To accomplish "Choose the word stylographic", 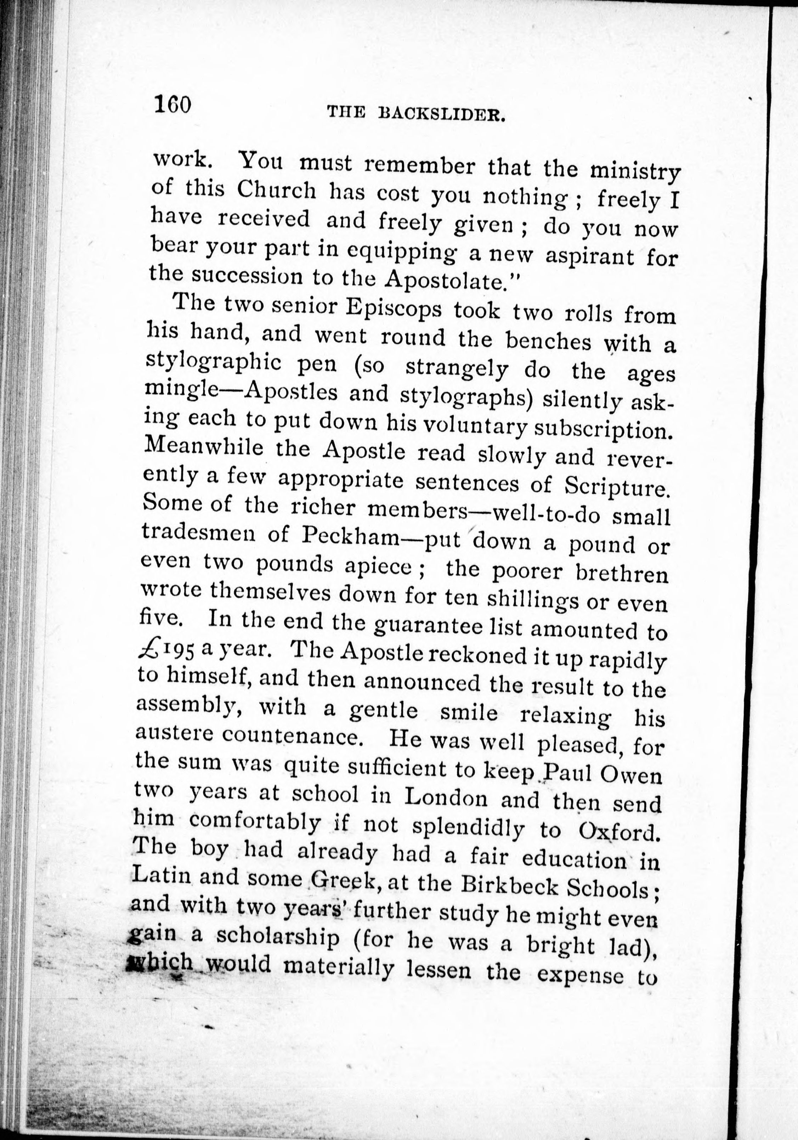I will coord(215,365).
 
